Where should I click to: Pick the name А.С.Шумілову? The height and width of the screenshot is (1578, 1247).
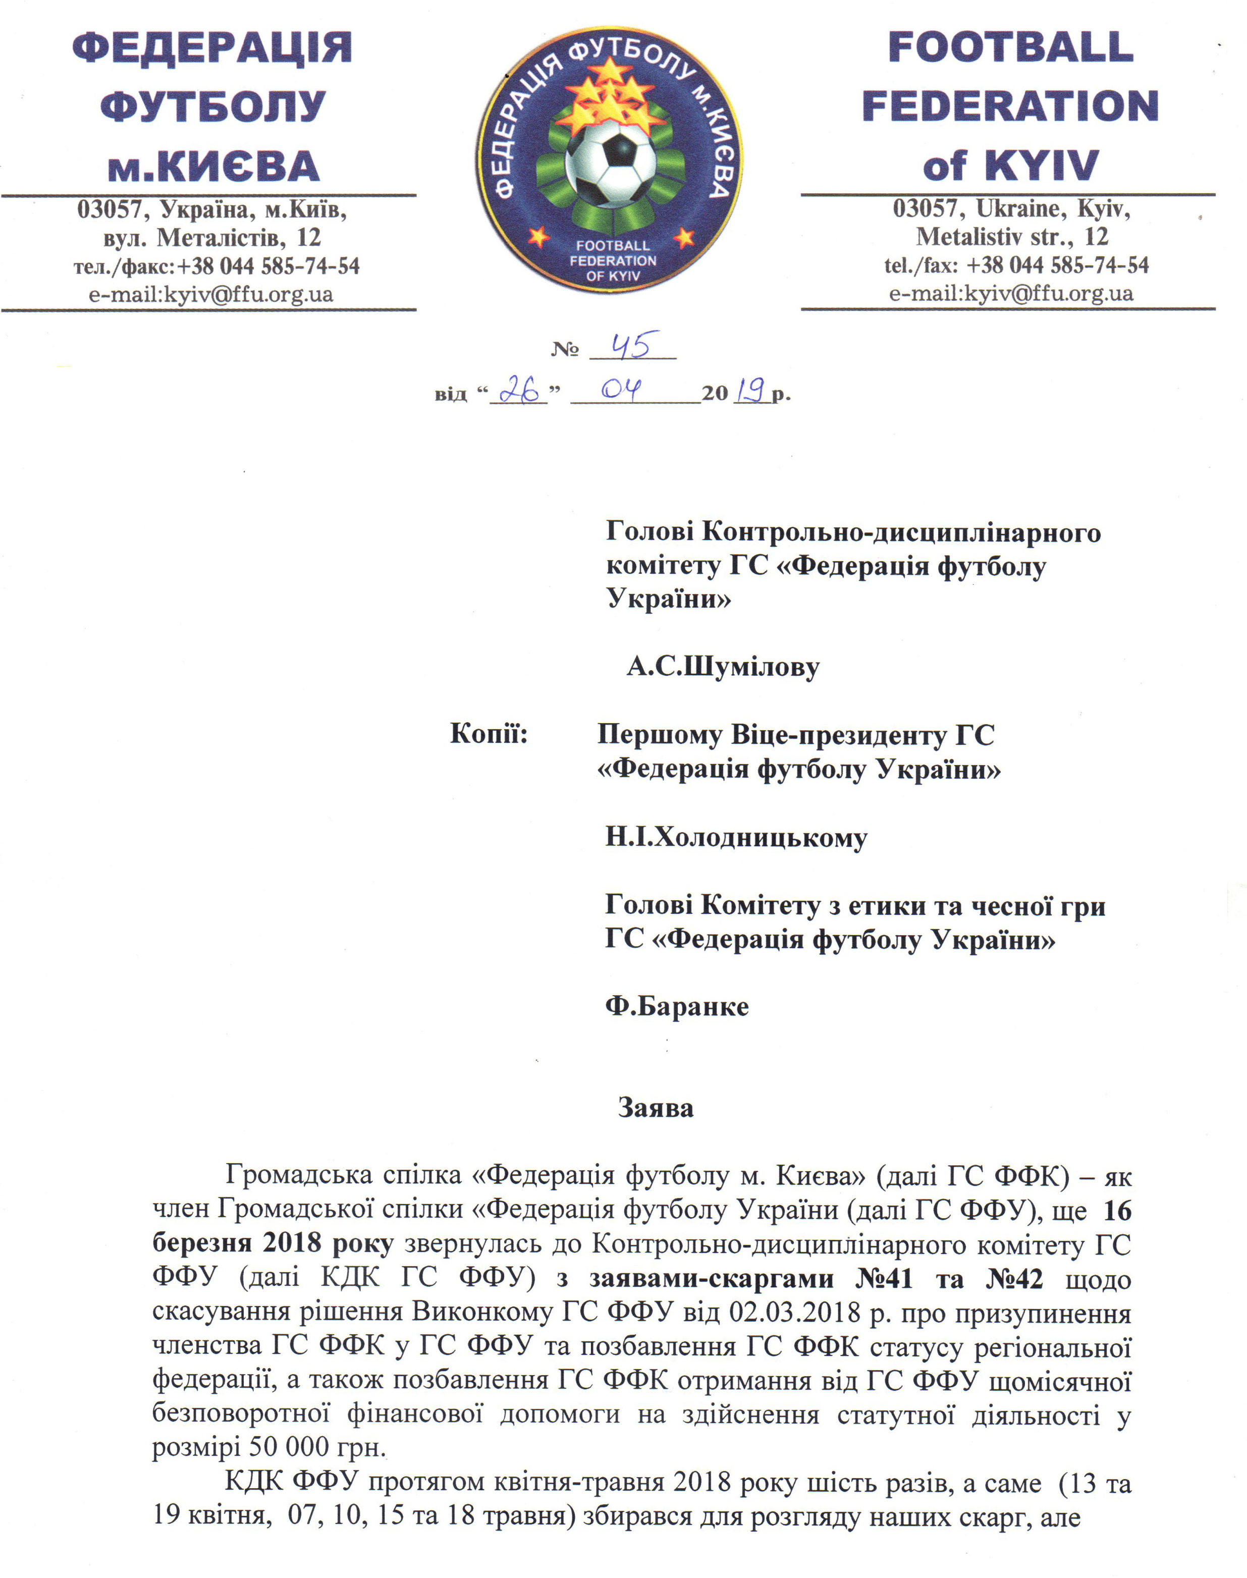723,667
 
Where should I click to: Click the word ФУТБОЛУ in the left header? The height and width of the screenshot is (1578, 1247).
212,106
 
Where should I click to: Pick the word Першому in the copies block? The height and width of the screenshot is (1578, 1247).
660,734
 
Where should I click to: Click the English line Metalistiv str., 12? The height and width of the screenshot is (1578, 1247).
1012,237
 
